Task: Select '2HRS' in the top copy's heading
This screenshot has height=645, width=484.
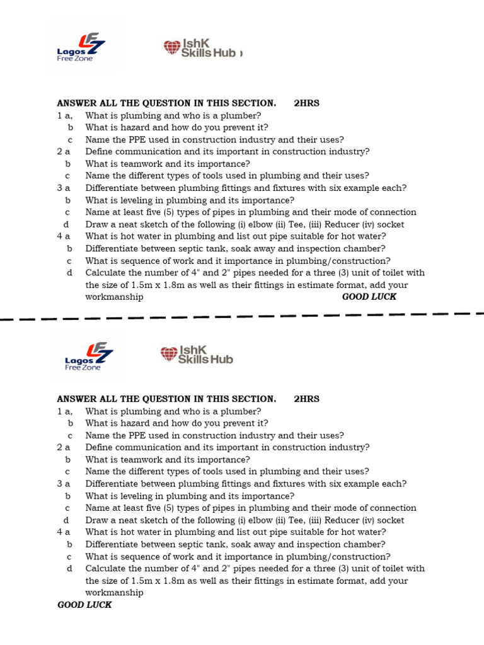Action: point(306,103)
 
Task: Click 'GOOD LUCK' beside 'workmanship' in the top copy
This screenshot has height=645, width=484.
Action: point(369,297)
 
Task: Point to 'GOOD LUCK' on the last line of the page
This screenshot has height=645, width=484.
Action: point(84,605)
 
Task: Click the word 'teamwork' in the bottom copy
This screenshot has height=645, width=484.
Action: point(124,460)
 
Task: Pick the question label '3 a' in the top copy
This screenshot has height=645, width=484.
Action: point(63,188)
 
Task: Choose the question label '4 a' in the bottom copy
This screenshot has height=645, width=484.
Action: point(63,532)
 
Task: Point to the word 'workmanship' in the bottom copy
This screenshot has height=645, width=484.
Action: point(114,593)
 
